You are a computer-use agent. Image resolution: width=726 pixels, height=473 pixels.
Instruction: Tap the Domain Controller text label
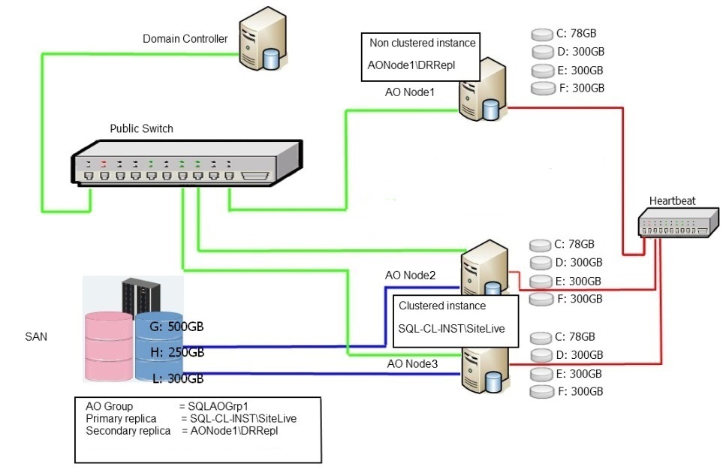[185, 39]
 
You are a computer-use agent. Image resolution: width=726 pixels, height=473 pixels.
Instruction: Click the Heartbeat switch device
[673, 224]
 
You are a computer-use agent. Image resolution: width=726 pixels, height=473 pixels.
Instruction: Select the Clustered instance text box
[456, 318]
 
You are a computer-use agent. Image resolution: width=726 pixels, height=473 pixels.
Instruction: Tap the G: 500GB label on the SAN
[177, 327]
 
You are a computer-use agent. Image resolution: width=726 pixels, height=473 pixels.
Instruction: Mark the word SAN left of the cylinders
[36, 337]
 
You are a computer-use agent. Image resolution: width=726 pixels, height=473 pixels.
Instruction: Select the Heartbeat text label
[672, 200]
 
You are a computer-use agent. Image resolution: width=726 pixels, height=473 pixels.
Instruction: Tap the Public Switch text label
[141, 128]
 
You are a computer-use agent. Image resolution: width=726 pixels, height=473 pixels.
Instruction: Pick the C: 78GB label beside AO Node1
[576, 34]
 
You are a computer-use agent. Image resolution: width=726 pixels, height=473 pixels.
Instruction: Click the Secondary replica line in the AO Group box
[188, 431]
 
